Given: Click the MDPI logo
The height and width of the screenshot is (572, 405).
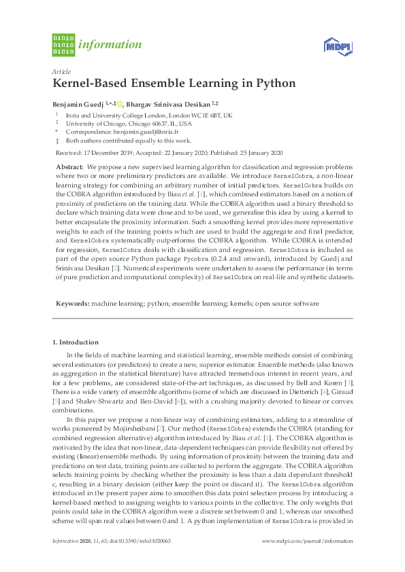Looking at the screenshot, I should (x=337, y=46).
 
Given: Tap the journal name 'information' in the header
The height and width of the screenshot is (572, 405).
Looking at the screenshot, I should (x=110, y=45).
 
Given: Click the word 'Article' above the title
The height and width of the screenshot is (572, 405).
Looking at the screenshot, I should (x=61, y=71).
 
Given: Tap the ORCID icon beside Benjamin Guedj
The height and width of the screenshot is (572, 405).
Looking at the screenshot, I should (x=119, y=103).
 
